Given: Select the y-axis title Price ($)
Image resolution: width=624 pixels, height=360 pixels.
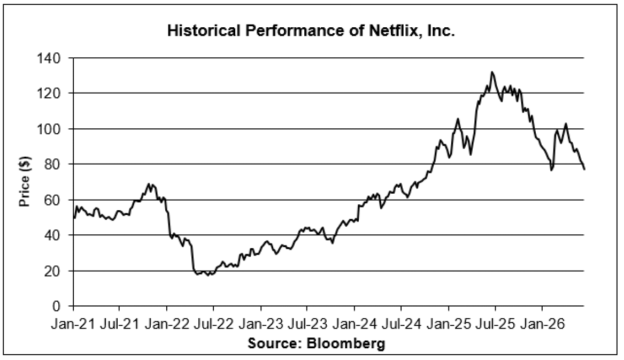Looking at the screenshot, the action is [25, 181].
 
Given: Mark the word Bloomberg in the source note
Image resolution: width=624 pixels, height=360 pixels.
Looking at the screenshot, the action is [345, 343].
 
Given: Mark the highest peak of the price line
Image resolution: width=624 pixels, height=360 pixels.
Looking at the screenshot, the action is [492, 72].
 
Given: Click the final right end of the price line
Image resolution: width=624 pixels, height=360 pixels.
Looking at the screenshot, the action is [584, 170].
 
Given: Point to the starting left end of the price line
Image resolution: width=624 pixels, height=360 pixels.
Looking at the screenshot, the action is [74, 218].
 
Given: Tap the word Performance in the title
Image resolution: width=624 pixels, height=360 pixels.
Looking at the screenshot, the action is [292, 30].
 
